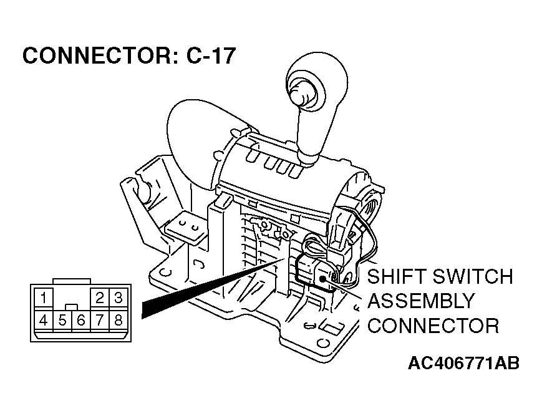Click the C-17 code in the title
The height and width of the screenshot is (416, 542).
(x=211, y=57)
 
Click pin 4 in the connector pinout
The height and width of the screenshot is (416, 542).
(x=43, y=321)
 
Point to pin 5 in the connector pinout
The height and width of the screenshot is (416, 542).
(x=62, y=321)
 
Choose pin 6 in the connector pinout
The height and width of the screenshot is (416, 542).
(x=80, y=321)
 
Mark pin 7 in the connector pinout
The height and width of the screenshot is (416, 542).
(x=100, y=321)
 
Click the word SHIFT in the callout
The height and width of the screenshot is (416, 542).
(x=397, y=277)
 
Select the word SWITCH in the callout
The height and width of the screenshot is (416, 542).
(x=473, y=277)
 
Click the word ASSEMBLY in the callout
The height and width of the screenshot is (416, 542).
(x=420, y=301)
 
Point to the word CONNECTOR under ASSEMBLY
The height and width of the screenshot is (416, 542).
(x=433, y=326)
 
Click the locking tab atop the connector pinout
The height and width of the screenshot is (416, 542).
(x=71, y=283)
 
